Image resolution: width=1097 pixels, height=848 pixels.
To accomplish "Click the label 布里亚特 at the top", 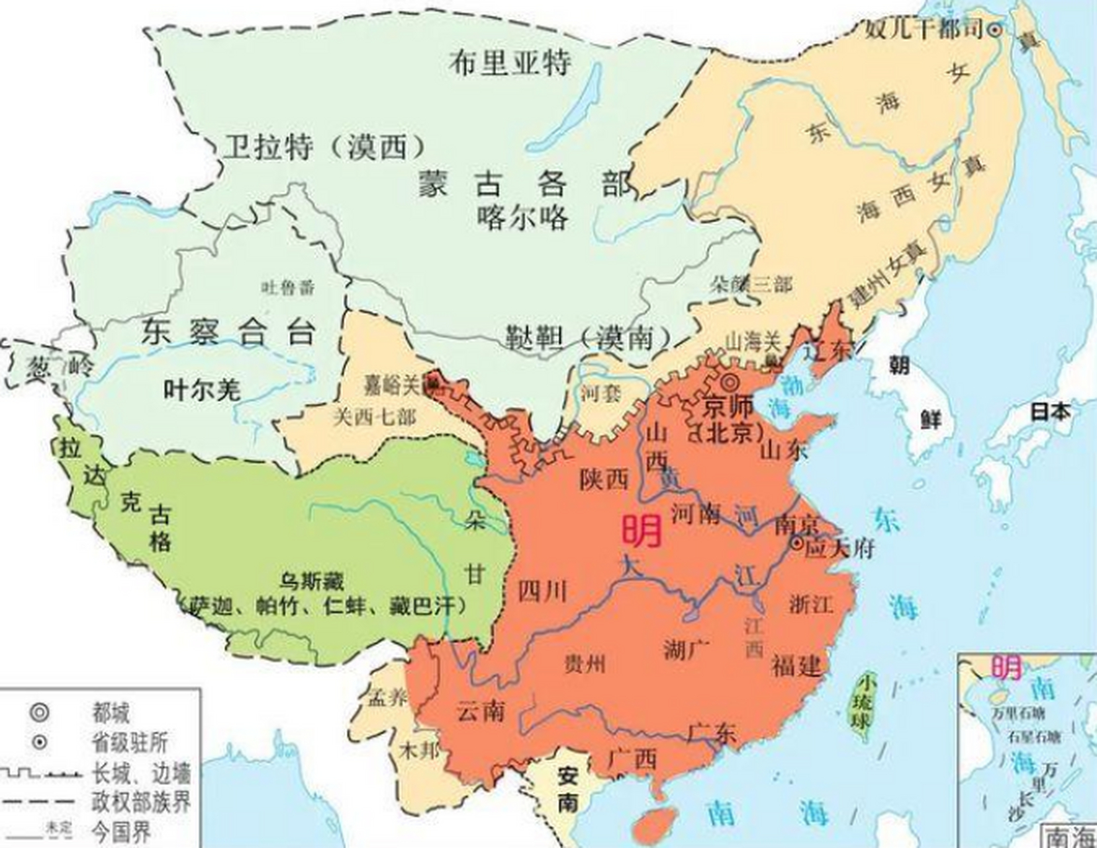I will click(x=509, y=63).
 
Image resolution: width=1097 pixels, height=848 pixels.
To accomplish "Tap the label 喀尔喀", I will click(x=522, y=217).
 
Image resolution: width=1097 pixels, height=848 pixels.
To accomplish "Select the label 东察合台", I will click(x=228, y=332).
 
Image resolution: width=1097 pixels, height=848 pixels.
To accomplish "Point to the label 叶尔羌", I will click(x=202, y=390).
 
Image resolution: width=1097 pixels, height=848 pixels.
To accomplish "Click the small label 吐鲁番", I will click(x=287, y=288).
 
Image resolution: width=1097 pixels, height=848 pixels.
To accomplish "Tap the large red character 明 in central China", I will click(x=641, y=531).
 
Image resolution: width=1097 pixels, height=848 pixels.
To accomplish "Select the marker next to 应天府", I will click(x=797, y=543).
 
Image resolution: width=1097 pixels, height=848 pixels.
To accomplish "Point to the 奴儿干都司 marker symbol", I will click(x=994, y=29).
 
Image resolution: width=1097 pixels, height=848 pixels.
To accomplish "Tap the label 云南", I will click(x=481, y=712).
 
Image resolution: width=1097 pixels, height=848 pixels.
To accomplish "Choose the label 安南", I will click(x=568, y=788).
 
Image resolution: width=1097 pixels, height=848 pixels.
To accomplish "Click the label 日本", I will click(x=1050, y=411).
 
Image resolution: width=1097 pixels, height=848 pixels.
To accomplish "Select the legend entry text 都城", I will click(x=111, y=714).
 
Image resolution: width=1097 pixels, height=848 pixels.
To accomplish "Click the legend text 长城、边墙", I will click(x=141, y=773).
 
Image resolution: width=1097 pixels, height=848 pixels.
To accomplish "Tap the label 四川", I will click(x=542, y=590).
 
